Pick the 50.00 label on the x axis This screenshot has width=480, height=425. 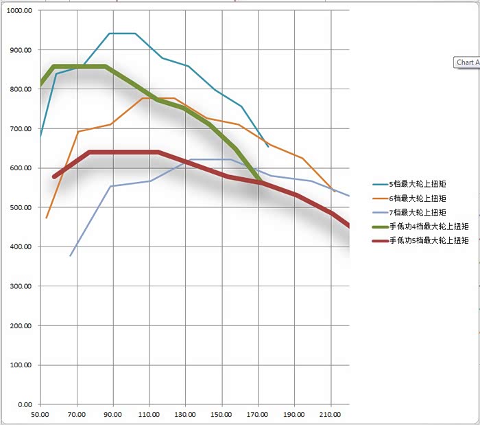(41, 415)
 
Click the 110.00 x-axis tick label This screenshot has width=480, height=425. (149, 415)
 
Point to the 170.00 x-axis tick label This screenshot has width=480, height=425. (259, 415)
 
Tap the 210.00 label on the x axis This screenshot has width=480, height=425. (331, 415)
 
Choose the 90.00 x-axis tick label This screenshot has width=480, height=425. (113, 415)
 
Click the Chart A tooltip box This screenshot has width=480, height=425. (468, 62)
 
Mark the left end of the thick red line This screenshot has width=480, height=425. (54, 176)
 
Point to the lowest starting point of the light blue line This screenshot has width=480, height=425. (70, 256)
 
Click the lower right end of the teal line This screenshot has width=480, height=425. (268, 146)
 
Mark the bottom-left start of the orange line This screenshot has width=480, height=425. (46, 218)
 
